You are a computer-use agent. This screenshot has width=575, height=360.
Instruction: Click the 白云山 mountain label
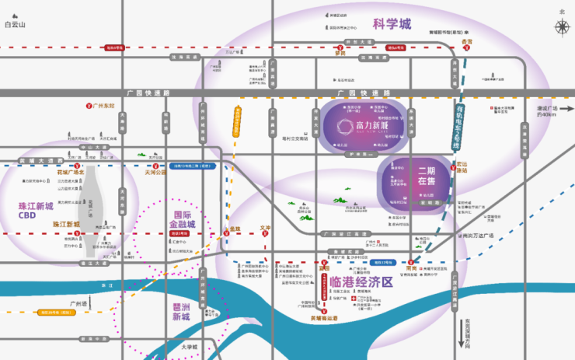click(15, 25)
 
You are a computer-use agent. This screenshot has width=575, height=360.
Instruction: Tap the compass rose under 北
click(562, 27)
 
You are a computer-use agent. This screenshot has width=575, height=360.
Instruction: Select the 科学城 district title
click(392, 23)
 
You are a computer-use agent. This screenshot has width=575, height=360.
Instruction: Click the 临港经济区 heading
click(361, 281)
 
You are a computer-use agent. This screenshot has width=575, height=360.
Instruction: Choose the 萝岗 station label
click(340, 53)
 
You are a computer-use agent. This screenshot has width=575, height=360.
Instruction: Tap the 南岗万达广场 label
click(478, 235)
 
